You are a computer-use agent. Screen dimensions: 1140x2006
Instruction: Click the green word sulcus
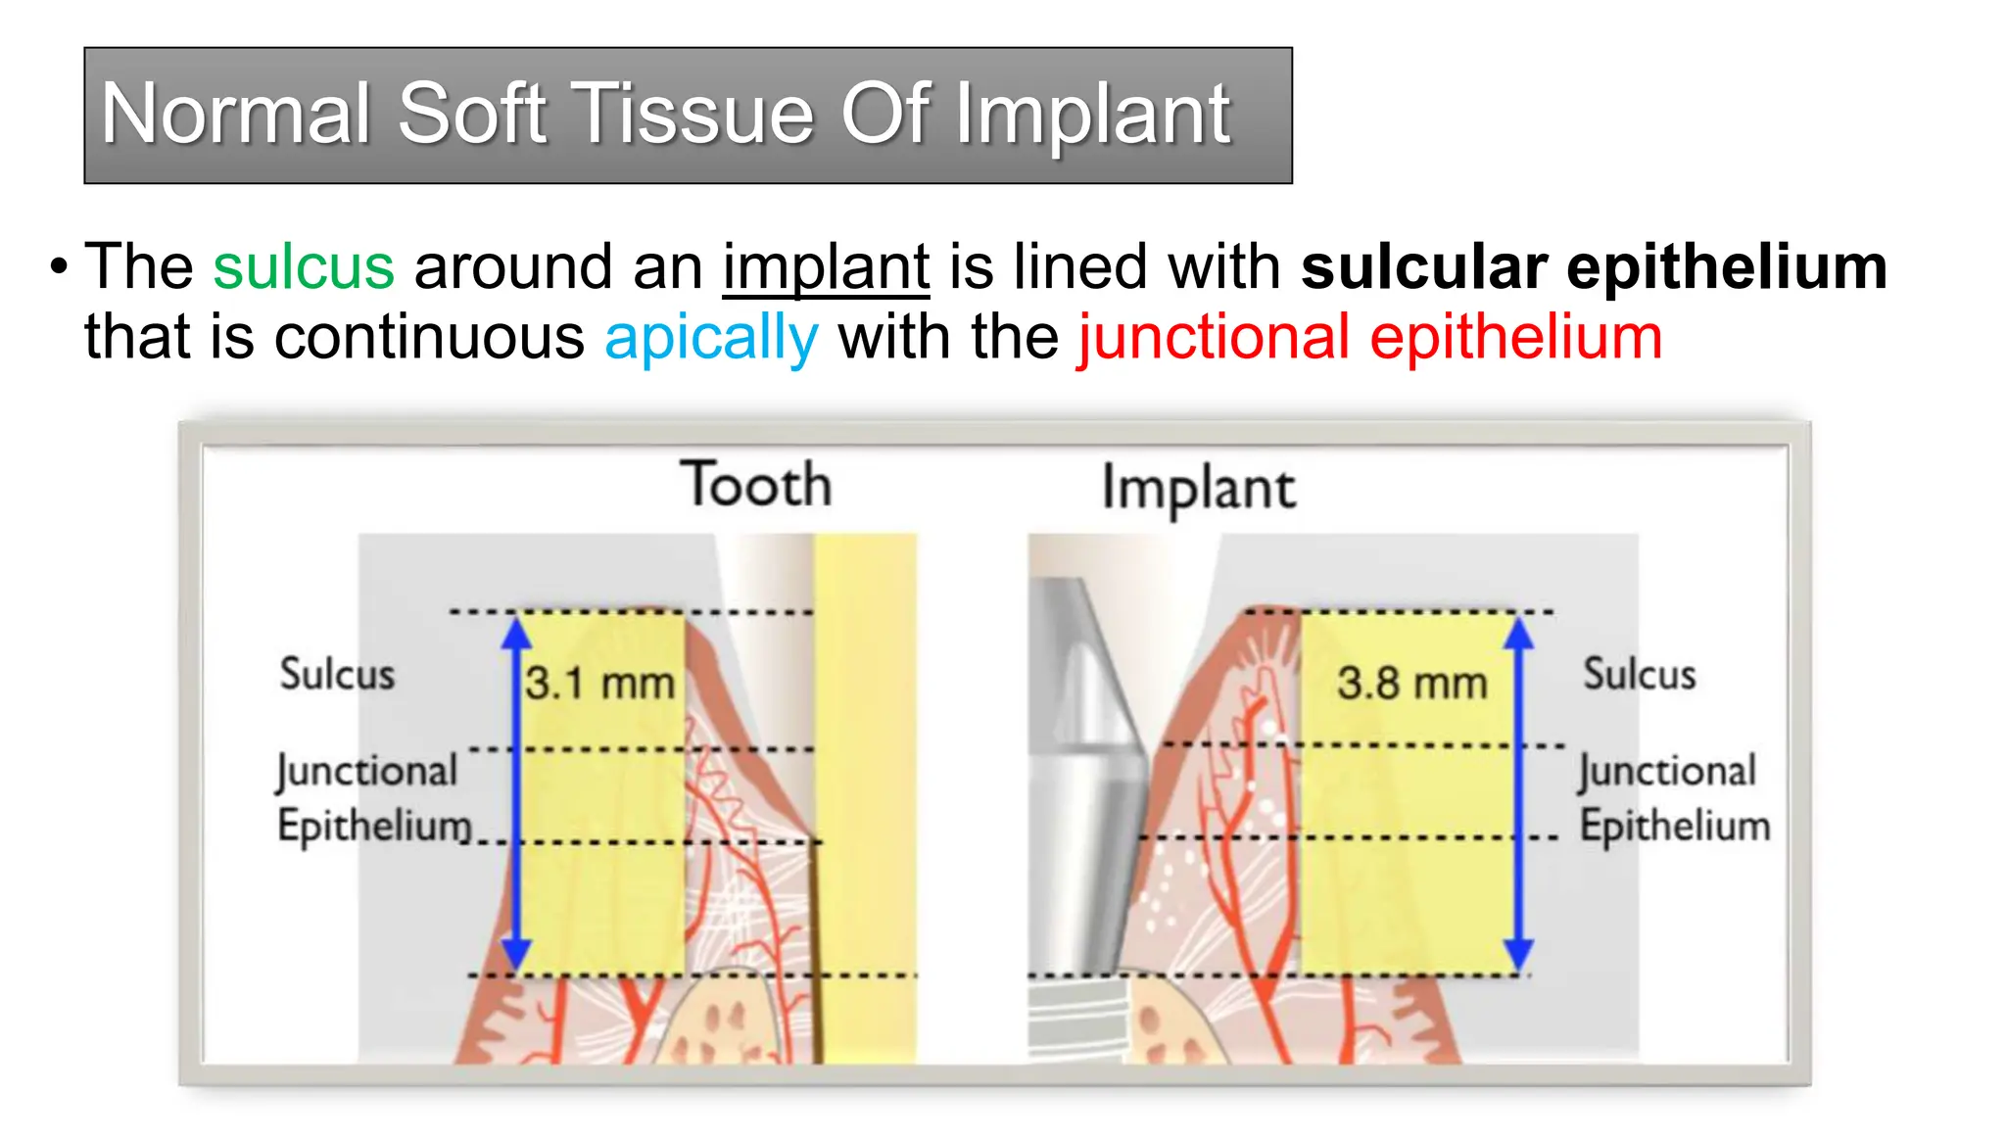pos(304,267)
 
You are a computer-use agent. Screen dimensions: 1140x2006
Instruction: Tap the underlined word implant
pos(826,267)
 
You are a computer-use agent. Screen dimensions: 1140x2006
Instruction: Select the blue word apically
pos(711,338)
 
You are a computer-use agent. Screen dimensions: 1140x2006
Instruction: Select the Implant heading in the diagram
pos(1198,488)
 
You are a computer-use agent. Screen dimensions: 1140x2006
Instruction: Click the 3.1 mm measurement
pos(599,683)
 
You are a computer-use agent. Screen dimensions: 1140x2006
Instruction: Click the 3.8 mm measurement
pos(1411,683)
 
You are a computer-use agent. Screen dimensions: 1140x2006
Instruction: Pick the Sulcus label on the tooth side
pos(337,674)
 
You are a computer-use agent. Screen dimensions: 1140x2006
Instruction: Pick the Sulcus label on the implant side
pos(1639,674)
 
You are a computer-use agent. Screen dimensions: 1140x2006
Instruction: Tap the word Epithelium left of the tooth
pos(373,826)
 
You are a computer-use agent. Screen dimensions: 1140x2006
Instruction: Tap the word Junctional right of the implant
pos(1666,771)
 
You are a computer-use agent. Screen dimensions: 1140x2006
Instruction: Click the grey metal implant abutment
pos(1087,784)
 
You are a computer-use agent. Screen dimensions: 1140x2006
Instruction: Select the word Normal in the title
pos(236,114)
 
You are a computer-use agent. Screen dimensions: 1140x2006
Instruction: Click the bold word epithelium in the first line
pos(1726,267)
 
